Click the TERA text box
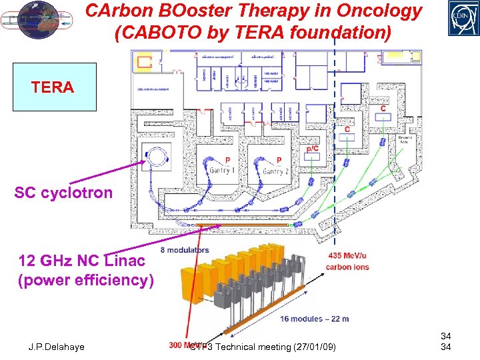click(53, 87)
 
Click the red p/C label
click(312, 149)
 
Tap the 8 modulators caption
click(185, 250)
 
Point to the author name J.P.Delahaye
click(56, 347)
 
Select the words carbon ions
click(347, 267)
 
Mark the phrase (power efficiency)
click(85, 280)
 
